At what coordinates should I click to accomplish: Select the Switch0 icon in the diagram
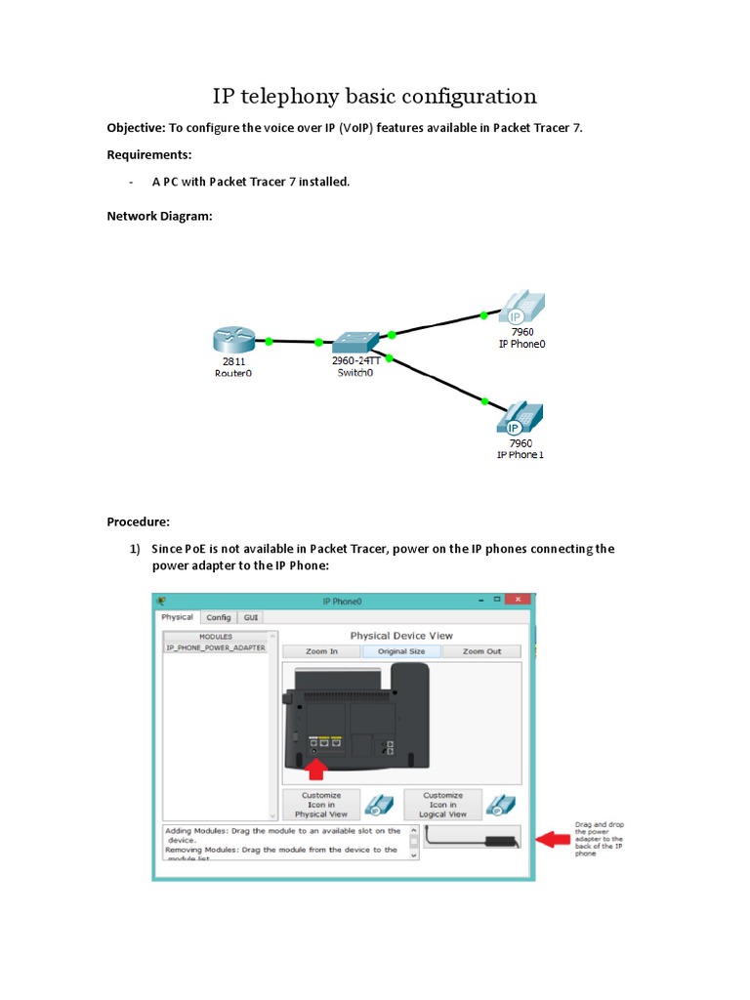click(x=354, y=343)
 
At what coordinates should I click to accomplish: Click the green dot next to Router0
click(x=269, y=341)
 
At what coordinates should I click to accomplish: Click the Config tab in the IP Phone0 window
click(x=219, y=617)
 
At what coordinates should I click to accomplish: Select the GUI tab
click(x=251, y=617)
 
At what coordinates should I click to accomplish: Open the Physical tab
click(x=178, y=617)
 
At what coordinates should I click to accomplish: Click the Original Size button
click(x=400, y=651)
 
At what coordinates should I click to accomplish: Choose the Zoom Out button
click(x=481, y=651)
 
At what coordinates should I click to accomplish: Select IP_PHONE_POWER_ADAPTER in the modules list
click(x=216, y=647)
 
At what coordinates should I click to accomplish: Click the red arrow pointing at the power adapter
click(x=558, y=838)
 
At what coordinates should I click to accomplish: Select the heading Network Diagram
click(x=158, y=216)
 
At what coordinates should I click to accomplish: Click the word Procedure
click(x=138, y=522)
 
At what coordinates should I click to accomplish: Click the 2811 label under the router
click(x=233, y=361)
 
